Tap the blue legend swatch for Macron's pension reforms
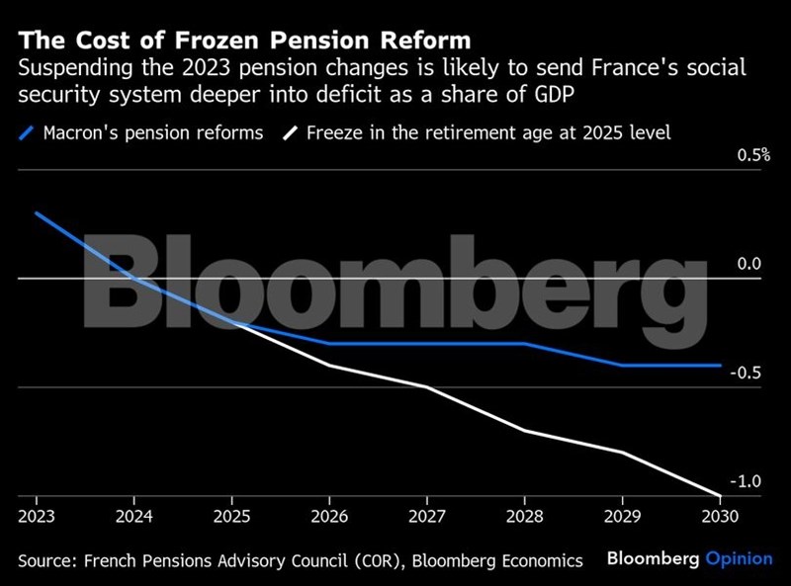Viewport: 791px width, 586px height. point(28,132)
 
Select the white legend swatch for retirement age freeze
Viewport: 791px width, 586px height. point(290,132)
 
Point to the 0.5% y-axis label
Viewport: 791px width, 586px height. point(748,156)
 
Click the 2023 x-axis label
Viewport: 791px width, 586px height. point(37,516)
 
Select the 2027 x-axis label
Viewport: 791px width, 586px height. point(427,516)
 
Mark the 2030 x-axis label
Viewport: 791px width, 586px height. point(719,516)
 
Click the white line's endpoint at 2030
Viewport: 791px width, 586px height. point(720,495)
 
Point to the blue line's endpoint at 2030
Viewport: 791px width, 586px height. point(720,366)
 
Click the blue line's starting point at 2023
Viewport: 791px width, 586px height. point(37,212)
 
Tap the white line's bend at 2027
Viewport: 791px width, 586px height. point(427,386)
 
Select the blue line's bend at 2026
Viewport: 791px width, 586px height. point(330,344)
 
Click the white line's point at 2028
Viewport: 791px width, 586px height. point(524,430)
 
